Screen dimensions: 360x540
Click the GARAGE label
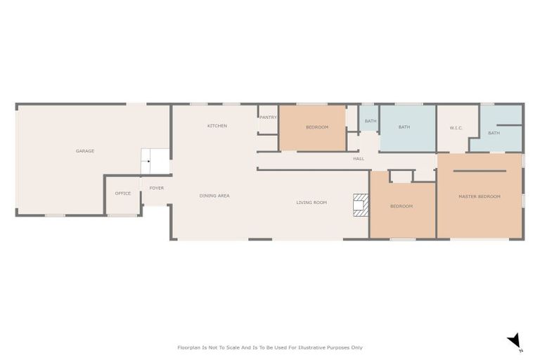tap(85, 151)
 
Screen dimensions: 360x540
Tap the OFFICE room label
tap(123, 193)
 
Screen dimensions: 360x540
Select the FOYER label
tap(156, 188)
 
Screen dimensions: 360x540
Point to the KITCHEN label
tap(217, 126)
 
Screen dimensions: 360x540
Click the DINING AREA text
tap(214, 195)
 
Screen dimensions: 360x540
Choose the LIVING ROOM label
tap(311, 202)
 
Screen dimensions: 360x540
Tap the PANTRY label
tap(268, 117)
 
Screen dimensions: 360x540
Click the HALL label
tap(359, 159)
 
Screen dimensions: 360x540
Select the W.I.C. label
tap(456, 128)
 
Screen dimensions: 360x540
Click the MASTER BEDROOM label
tap(480, 196)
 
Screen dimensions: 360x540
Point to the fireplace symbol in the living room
tap(361, 205)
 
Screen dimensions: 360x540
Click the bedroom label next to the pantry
tap(317, 127)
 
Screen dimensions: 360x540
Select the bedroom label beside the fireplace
tap(401, 206)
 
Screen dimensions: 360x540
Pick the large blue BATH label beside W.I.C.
tap(404, 127)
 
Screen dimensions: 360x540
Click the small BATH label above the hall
tap(371, 121)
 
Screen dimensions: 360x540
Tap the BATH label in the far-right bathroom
tap(494, 133)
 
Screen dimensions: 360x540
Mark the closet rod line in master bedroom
tap(480, 171)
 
